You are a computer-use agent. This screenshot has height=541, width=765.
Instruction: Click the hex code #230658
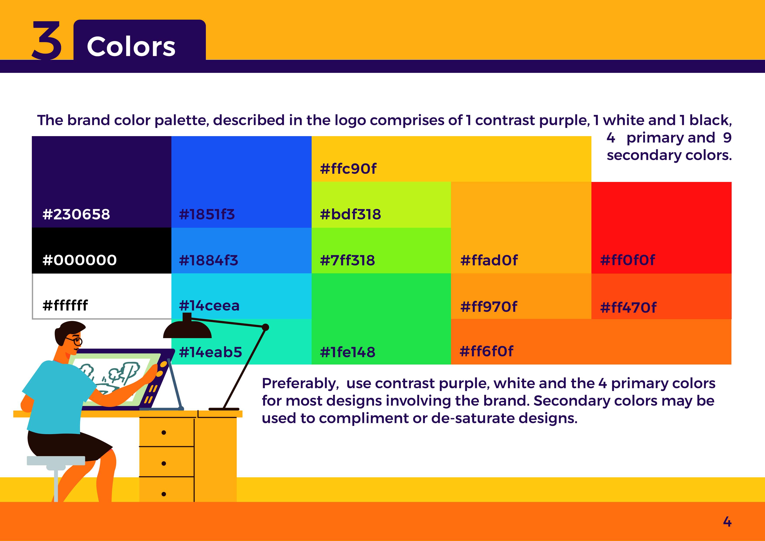[x=76, y=214]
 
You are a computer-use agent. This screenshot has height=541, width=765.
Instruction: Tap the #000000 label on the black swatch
[x=80, y=260]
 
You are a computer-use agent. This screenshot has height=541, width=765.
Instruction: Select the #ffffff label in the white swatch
[x=65, y=305]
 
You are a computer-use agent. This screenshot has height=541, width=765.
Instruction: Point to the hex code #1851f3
[x=207, y=214]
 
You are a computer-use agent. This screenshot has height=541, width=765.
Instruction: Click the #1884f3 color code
[x=208, y=260]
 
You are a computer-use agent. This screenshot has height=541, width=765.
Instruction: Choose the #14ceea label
[x=209, y=306]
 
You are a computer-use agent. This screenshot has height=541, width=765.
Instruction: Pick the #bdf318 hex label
[x=350, y=214]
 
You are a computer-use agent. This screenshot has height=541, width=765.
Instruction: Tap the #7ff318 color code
[x=348, y=260]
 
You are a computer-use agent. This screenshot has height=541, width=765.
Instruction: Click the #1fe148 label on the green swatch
[x=348, y=352]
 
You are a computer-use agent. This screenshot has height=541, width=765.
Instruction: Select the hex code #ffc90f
[x=348, y=169]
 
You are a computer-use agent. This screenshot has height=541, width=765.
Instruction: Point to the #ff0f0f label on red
[x=628, y=260]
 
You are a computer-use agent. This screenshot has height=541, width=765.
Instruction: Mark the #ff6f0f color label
[x=487, y=351]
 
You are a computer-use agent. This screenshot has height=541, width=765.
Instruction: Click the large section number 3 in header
[x=47, y=40]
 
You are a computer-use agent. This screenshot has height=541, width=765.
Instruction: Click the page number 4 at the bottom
[x=727, y=521]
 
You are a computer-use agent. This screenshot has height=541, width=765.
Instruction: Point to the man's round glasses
[x=75, y=340]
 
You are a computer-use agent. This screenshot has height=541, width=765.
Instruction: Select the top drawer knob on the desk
[x=164, y=433]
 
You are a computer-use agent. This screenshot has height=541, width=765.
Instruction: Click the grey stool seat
[x=56, y=461]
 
